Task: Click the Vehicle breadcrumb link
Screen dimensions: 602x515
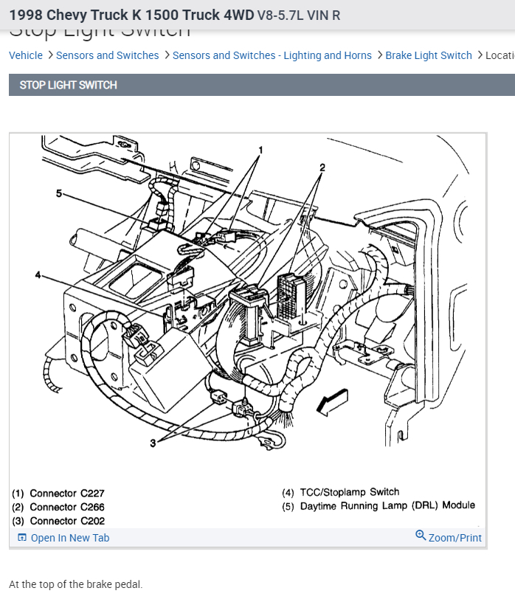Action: point(26,55)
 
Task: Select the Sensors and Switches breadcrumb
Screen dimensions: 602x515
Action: point(107,55)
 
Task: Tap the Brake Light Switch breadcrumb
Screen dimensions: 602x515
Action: point(428,55)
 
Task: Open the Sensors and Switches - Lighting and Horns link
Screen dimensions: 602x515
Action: point(272,55)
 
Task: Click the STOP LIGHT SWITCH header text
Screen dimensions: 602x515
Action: point(68,85)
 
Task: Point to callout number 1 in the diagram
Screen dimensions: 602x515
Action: point(260,150)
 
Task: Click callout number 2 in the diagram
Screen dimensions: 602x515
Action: point(322,167)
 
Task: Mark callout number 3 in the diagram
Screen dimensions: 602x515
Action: point(153,443)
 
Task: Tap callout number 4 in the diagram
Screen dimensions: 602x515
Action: point(38,275)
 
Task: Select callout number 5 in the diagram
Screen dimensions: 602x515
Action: point(59,193)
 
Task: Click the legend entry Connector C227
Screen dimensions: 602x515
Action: point(59,494)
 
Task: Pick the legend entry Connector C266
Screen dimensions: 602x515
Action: point(59,508)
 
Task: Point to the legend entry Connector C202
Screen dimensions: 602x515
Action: point(59,521)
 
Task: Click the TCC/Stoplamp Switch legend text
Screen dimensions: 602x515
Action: point(349,492)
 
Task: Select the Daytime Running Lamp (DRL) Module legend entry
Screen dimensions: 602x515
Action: point(387,506)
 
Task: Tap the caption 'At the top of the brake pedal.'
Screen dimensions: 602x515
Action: point(75,584)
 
